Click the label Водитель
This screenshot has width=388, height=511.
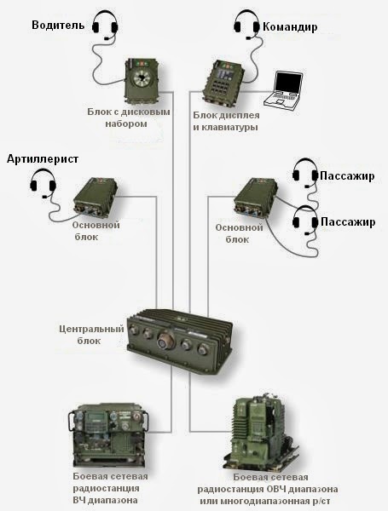click(x=59, y=26)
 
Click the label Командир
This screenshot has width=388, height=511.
click(x=290, y=27)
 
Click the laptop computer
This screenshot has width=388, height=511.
click(x=282, y=89)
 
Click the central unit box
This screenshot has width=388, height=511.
click(x=179, y=338)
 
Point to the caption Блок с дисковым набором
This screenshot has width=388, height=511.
click(x=129, y=118)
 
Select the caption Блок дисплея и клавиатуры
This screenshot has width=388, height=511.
click(x=225, y=122)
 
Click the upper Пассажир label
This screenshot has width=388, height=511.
click(x=347, y=176)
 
